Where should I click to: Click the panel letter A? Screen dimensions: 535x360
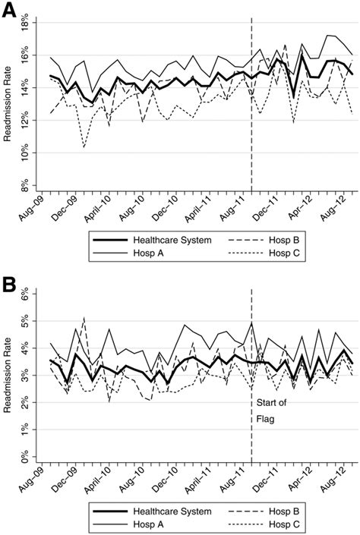[10, 10]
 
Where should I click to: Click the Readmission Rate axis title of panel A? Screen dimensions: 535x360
[9, 105]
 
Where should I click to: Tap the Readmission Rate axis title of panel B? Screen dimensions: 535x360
[9, 376]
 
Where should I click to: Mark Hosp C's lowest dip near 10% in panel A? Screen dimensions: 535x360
[84, 146]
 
